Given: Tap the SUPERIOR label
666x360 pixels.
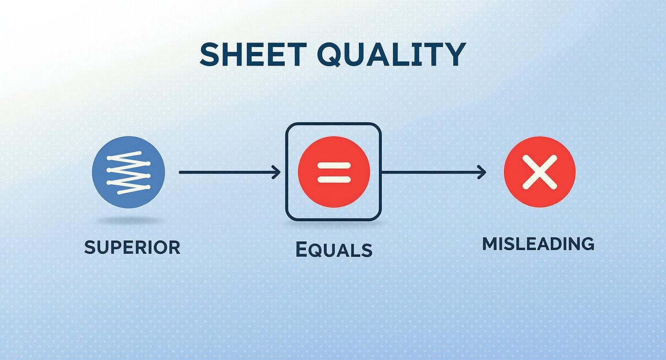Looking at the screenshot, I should tap(132, 247).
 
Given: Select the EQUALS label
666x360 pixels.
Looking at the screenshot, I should tap(333, 249).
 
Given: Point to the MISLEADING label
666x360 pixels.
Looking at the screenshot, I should tap(538, 244).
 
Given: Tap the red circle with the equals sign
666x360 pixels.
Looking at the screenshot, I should tap(333, 172).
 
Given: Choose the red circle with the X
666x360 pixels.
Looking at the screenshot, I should tap(539, 172).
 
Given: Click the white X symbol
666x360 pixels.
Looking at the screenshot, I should tap(539, 172).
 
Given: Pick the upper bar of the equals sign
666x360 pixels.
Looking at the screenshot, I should tap(334, 165).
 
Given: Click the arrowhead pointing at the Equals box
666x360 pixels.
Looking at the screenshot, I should tap(277, 172).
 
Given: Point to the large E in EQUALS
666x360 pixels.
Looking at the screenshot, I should tap(301, 249).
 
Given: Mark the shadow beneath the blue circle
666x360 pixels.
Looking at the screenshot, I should tap(128, 221).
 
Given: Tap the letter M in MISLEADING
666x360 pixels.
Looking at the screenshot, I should tap(489, 244).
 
